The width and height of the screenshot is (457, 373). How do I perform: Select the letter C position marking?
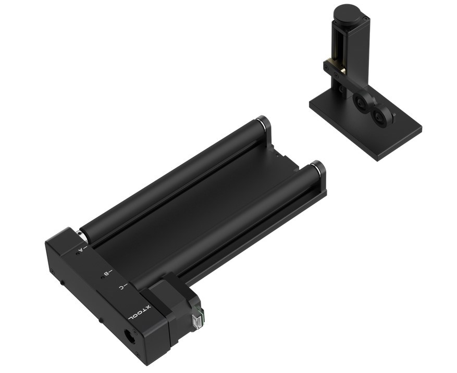tap(121, 287)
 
